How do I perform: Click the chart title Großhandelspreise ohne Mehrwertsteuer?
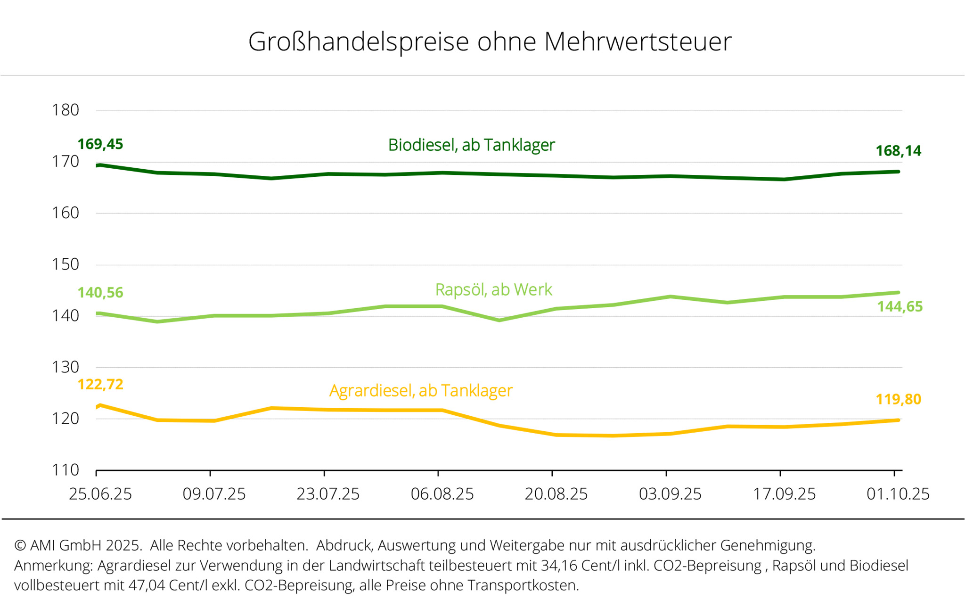(x=490, y=41)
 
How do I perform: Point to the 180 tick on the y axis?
(x=65, y=110)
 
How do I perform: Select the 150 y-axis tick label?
(x=65, y=264)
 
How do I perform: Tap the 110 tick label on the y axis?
(x=65, y=470)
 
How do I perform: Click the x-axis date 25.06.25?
(x=100, y=494)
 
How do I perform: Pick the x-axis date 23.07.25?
(x=328, y=494)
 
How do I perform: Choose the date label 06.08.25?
(x=442, y=494)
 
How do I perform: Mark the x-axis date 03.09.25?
(x=670, y=494)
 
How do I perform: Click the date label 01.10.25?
(x=898, y=494)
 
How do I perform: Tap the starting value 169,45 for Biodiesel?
(x=100, y=144)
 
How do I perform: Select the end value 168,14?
(x=898, y=151)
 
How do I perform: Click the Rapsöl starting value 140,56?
(x=100, y=293)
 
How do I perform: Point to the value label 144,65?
(x=900, y=307)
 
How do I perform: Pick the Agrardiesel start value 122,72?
(x=100, y=385)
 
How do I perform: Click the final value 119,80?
(x=898, y=400)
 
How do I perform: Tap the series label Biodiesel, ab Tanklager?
(x=471, y=145)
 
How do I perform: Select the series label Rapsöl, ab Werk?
(x=493, y=290)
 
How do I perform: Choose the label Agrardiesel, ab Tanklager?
(x=421, y=391)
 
